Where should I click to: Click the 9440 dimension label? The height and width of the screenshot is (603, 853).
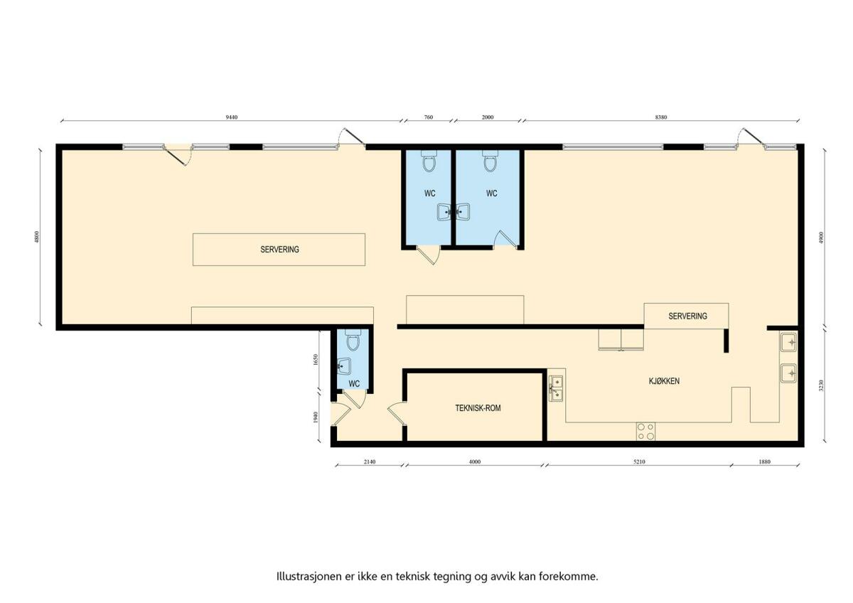[232, 117]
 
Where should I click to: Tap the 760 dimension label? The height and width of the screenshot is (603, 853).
[429, 117]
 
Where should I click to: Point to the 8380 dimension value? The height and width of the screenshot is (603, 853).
[661, 117]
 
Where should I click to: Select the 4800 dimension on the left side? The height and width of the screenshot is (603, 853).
[37, 237]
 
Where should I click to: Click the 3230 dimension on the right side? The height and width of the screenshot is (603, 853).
[821, 385]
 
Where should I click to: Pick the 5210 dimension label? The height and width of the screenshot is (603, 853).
[639, 461]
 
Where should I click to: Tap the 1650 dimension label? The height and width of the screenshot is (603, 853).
[315, 360]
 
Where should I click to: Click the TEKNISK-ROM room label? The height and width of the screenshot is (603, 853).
[478, 408]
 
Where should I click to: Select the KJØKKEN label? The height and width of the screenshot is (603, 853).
[664, 381]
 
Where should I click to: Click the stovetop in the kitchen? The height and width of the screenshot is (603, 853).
[645, 432]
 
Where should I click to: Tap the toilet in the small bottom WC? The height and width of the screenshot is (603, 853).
[353, 340]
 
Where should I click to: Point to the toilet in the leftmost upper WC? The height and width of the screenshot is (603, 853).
[429, 161]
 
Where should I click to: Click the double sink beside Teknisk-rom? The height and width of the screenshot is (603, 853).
[556, 388]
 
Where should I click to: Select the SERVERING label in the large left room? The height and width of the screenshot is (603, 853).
[279, 250]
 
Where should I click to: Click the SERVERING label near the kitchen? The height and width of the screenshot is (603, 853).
[688, 316]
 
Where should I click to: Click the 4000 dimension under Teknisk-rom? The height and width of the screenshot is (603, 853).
[475, 461]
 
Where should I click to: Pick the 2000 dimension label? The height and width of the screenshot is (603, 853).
[488, 117]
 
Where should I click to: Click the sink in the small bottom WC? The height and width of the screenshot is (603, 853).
[344, 367]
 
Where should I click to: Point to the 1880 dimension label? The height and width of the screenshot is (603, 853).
[764, 461]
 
